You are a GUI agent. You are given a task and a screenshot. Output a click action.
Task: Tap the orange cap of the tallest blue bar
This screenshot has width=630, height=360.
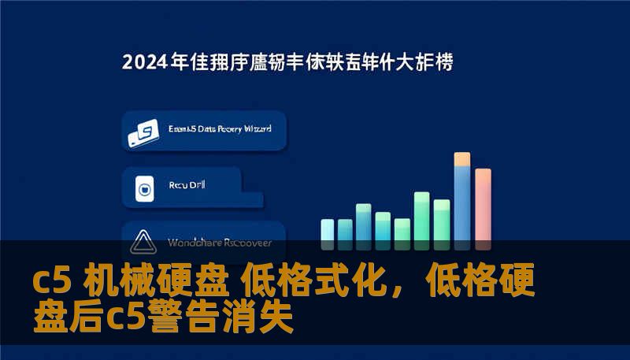tap(462, 159)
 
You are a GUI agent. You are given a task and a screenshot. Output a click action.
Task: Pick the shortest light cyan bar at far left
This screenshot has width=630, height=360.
tap(328, 230)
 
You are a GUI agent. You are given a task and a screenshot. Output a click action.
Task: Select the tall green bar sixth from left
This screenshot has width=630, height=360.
tap(422, 217)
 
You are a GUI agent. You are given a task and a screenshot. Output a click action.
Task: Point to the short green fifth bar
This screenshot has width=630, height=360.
tap(402, 229)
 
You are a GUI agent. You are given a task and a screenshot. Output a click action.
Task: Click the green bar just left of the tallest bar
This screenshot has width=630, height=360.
tap(442, 221)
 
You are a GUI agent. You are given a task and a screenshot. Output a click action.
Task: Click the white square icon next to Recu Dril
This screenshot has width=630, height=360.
tap(144, 187)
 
